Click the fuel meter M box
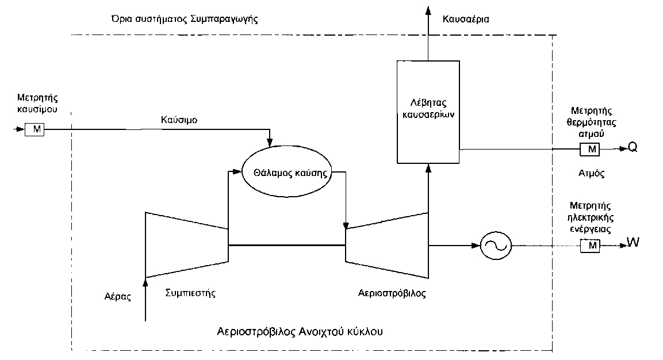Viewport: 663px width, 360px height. click(x=35, y=129)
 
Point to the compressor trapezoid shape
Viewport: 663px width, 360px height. click(x=186, y=245)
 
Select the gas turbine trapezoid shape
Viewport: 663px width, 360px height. click(x=386, y=245)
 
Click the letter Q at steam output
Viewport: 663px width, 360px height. click(x=632, y=147)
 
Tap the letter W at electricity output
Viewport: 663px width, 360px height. click(x=633, y=243)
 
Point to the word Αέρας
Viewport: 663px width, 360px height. click(x=118, y=297)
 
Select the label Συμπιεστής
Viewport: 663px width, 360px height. click(x=190, y=293)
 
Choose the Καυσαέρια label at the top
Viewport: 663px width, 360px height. click(x=466, y=19)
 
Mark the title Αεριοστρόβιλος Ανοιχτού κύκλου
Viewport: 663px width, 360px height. click(x=300, y=332)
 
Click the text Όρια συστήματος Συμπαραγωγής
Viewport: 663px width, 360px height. click(x=185, y=18)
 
